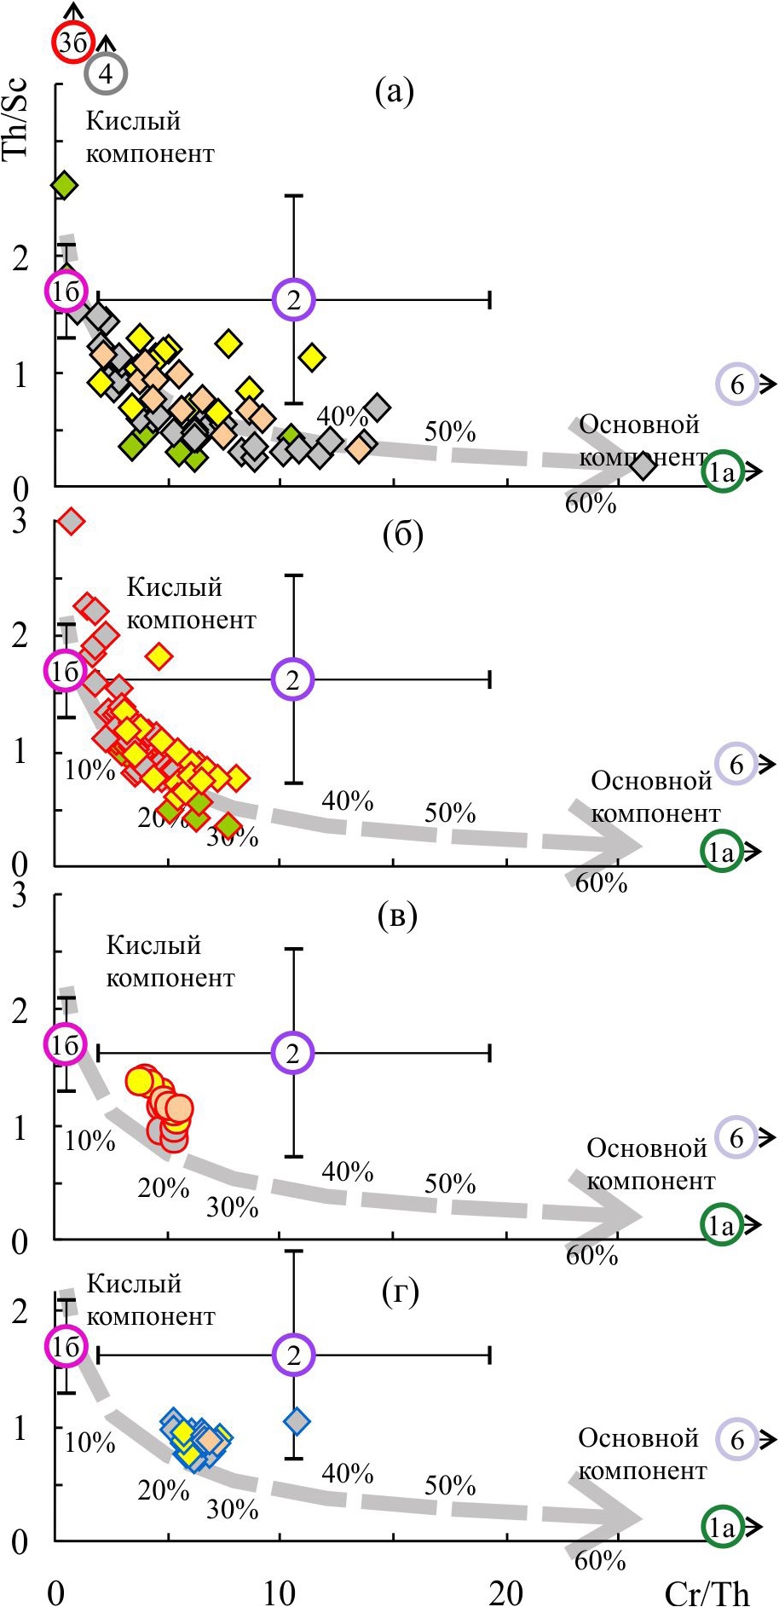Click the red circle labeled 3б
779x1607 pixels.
click(x=72, y=43)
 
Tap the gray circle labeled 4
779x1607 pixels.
click(x=106, y=73)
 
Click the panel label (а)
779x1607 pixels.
click(x=394, y=91)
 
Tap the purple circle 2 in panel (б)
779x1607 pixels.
click(x=294, y=679)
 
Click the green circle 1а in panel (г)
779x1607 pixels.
click(x=722, y=1527)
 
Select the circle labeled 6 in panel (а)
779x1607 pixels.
click(x=737, y=384)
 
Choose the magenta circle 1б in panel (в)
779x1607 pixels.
click(x=66, y=1043)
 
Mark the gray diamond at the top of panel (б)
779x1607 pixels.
click(x=72, y=520)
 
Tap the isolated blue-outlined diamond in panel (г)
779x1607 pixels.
click(x=297, y=1421)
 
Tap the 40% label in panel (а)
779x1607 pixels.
click(x=343, y=416)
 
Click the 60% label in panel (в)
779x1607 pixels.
click(x=591, y=1255)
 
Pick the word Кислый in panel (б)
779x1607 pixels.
click(x=175, y=587)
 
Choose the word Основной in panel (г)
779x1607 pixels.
click(x=639, y=1438)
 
